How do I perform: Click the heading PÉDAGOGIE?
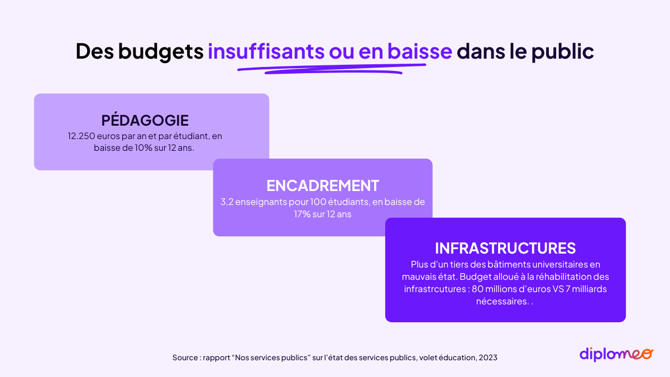tap(145, 120)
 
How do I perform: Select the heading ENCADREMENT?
tap(323, 185)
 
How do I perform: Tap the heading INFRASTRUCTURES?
tap(505, 248)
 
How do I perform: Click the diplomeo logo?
tap(616, 355)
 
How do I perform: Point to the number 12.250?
tap(81, 136)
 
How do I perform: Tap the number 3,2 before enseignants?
tap(227, 202)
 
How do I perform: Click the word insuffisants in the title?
tap(266, 51)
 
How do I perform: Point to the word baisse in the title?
tap(420, 51)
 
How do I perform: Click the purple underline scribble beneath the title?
tap(332, 69)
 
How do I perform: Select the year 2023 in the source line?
tap(488, 357)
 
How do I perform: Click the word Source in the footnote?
tap(185, 357)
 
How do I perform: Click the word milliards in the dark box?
tap(589, 289)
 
